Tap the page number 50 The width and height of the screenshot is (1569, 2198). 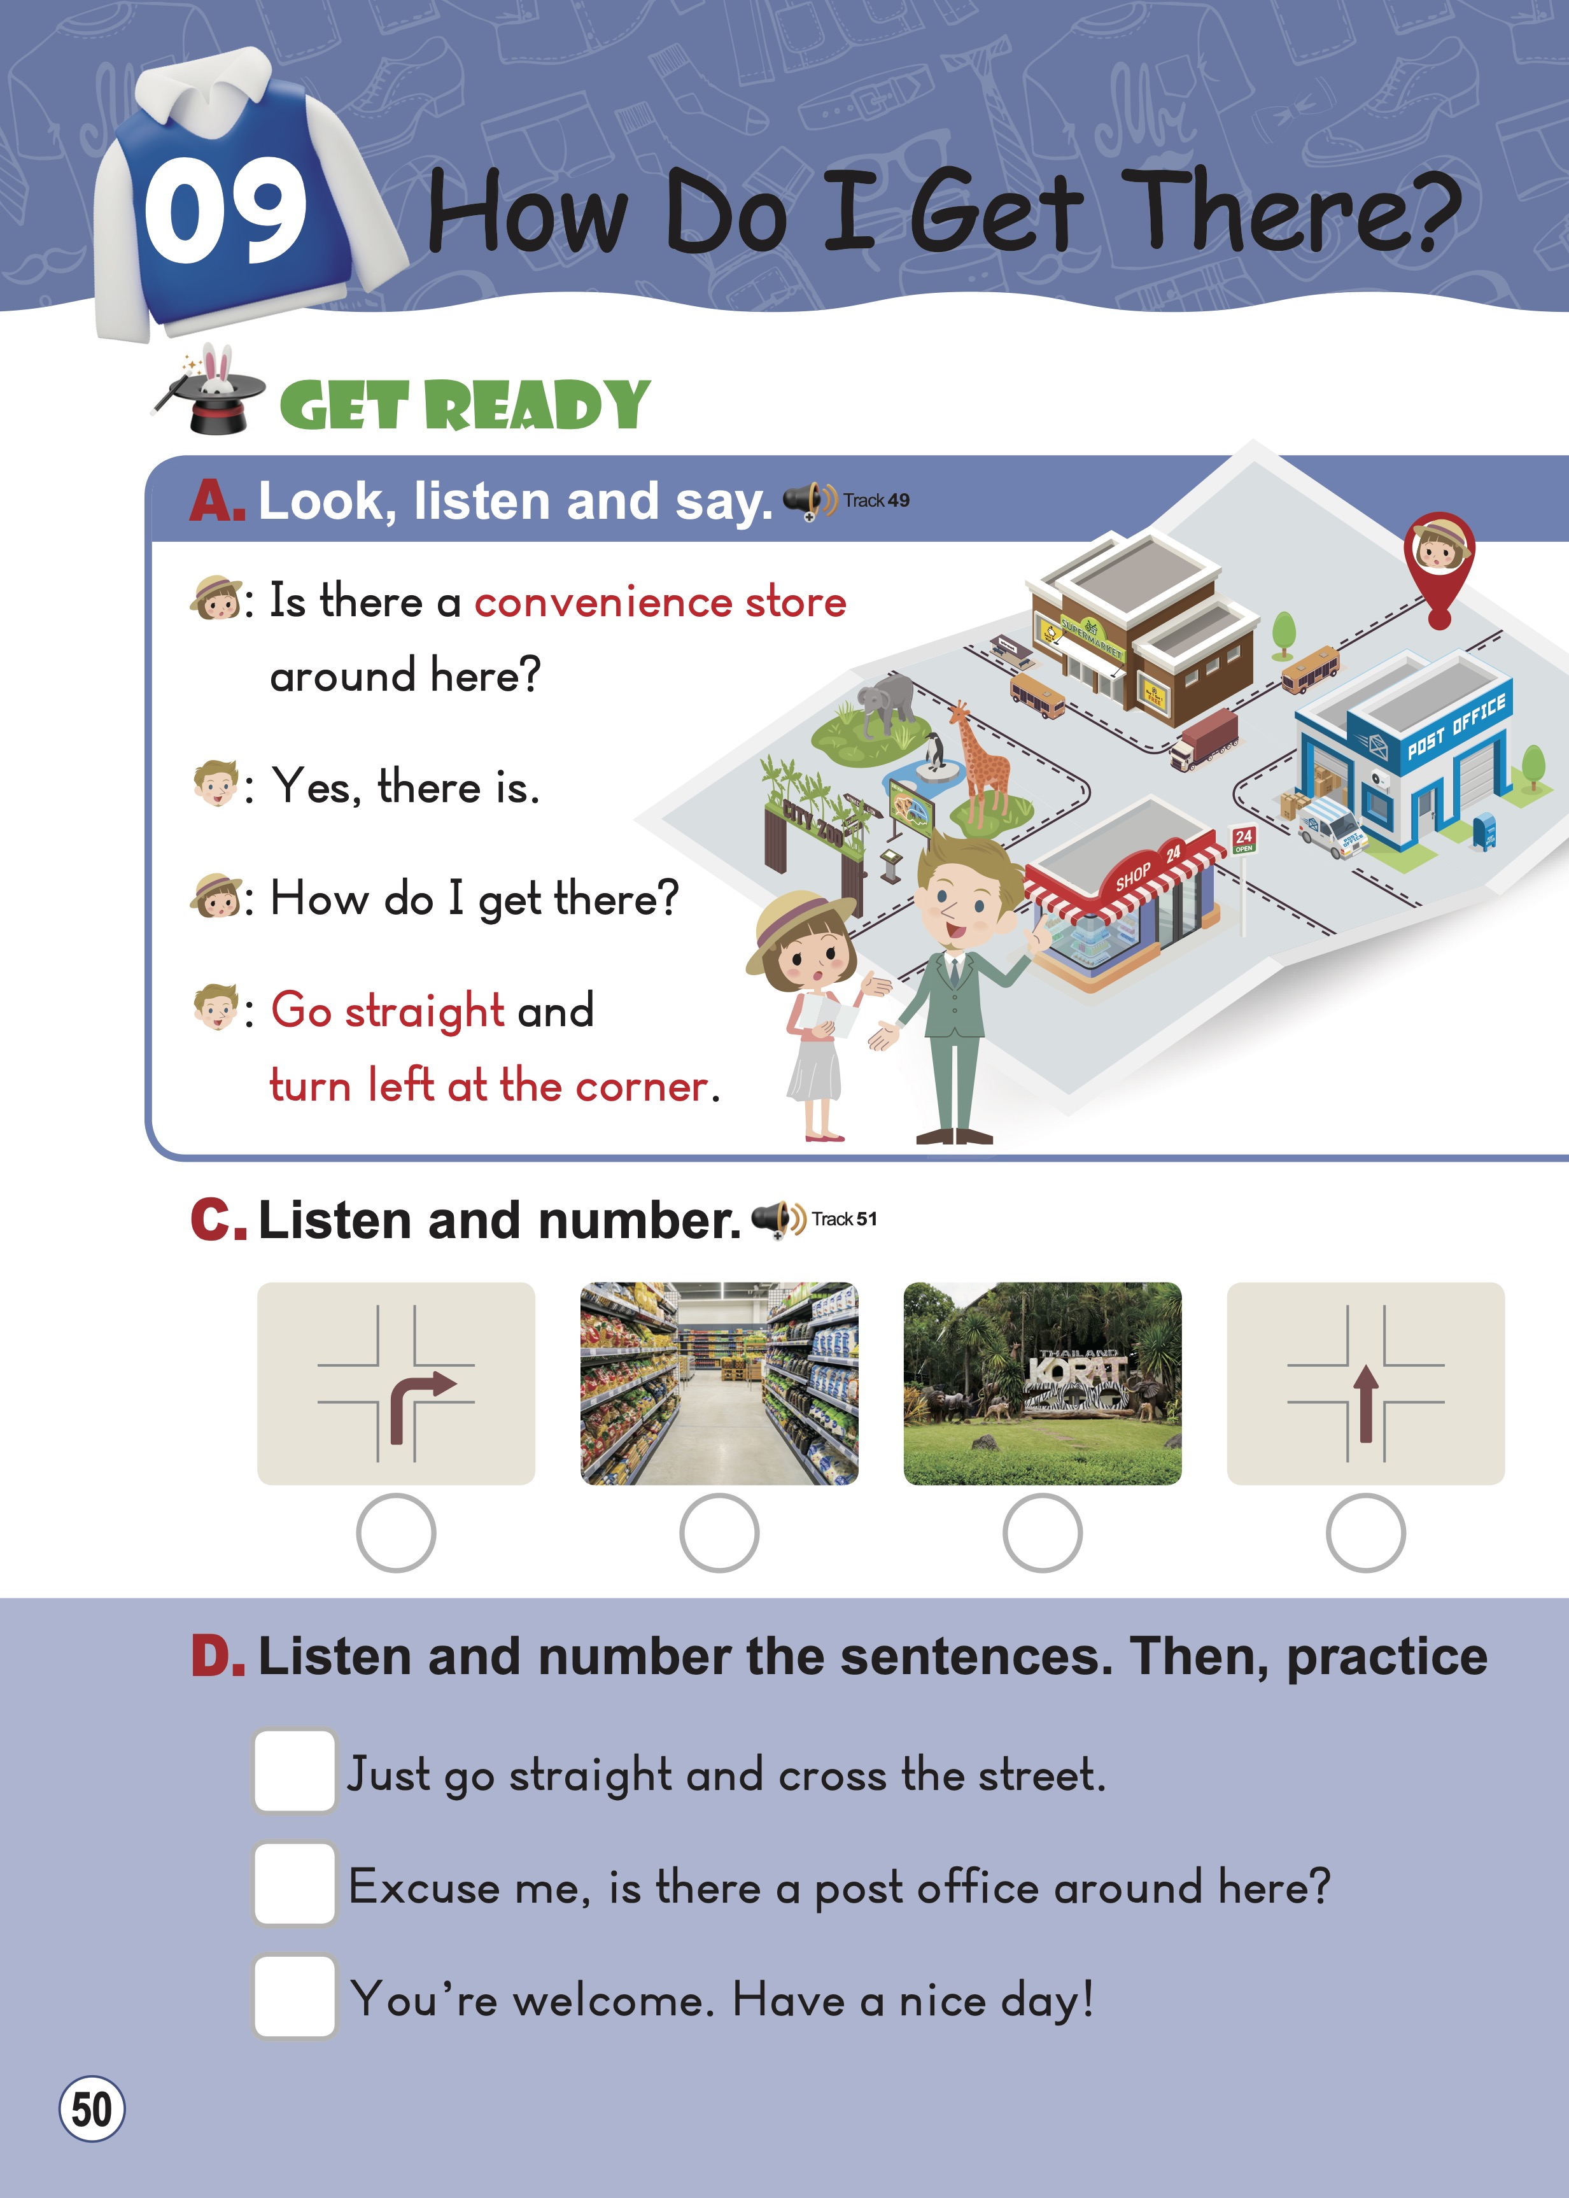(x=92, y=2108)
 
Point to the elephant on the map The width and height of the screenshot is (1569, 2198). (x=887, y=704)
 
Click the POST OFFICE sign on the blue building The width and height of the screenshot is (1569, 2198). (x=1455, y=726)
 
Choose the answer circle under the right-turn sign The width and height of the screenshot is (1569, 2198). (x=396, y=1532)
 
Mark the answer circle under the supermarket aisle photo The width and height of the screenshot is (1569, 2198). (x=719, y=1532)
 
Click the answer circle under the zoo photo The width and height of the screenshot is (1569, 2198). (x=1043, y=1532)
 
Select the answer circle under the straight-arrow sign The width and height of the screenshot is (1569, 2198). (x=1365, y=1532)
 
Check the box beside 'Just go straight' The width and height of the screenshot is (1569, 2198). (x=295, y=1770)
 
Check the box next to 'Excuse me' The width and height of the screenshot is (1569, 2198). (x=295, y=1883)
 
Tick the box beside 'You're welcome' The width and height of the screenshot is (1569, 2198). (x=295, y=1996)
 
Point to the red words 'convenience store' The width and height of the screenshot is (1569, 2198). (x=660, y=602)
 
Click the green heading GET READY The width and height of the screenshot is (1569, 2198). (x=465, y=405)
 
